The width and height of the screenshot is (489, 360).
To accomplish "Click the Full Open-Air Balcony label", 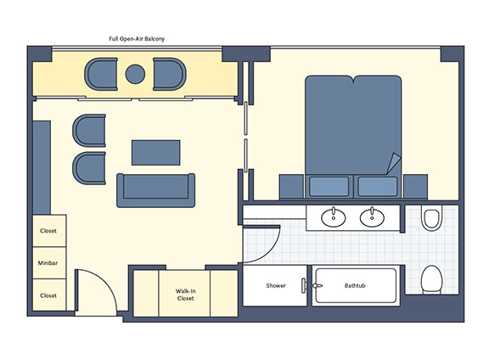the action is pos(137,39).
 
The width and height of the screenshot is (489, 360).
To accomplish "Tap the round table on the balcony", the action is pos(135,74).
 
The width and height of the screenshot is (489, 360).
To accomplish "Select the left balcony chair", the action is pos(101,74).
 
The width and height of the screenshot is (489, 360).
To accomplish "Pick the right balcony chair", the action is pos(169,74).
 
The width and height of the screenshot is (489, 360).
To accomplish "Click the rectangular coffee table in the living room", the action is pos(155,153).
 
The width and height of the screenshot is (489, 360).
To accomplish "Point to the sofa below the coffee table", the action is pos(156,190).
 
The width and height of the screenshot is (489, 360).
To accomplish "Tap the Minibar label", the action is pos(48,263).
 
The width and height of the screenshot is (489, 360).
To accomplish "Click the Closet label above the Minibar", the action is pos(48,231).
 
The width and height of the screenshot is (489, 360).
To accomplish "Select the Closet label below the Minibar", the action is pos(48,295).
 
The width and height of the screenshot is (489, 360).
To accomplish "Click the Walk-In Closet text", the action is pos(186,295).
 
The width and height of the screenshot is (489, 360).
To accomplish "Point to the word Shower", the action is pos(276,285).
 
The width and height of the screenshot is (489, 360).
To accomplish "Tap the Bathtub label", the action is pos(355,285).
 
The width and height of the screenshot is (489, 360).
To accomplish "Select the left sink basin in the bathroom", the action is pos(334,217).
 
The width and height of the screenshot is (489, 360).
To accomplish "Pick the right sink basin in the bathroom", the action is pos(372,217).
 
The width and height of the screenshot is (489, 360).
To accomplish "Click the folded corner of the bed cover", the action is pos(394,163).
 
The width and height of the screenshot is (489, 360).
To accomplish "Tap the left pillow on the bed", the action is pos(329,186).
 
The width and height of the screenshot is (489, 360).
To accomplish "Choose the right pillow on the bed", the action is pos(378,186).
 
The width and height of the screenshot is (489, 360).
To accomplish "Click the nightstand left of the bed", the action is pos(291,187).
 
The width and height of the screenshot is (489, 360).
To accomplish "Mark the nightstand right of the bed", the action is pos(415,187).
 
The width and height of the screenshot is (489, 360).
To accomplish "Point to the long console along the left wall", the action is pos(42,167).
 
